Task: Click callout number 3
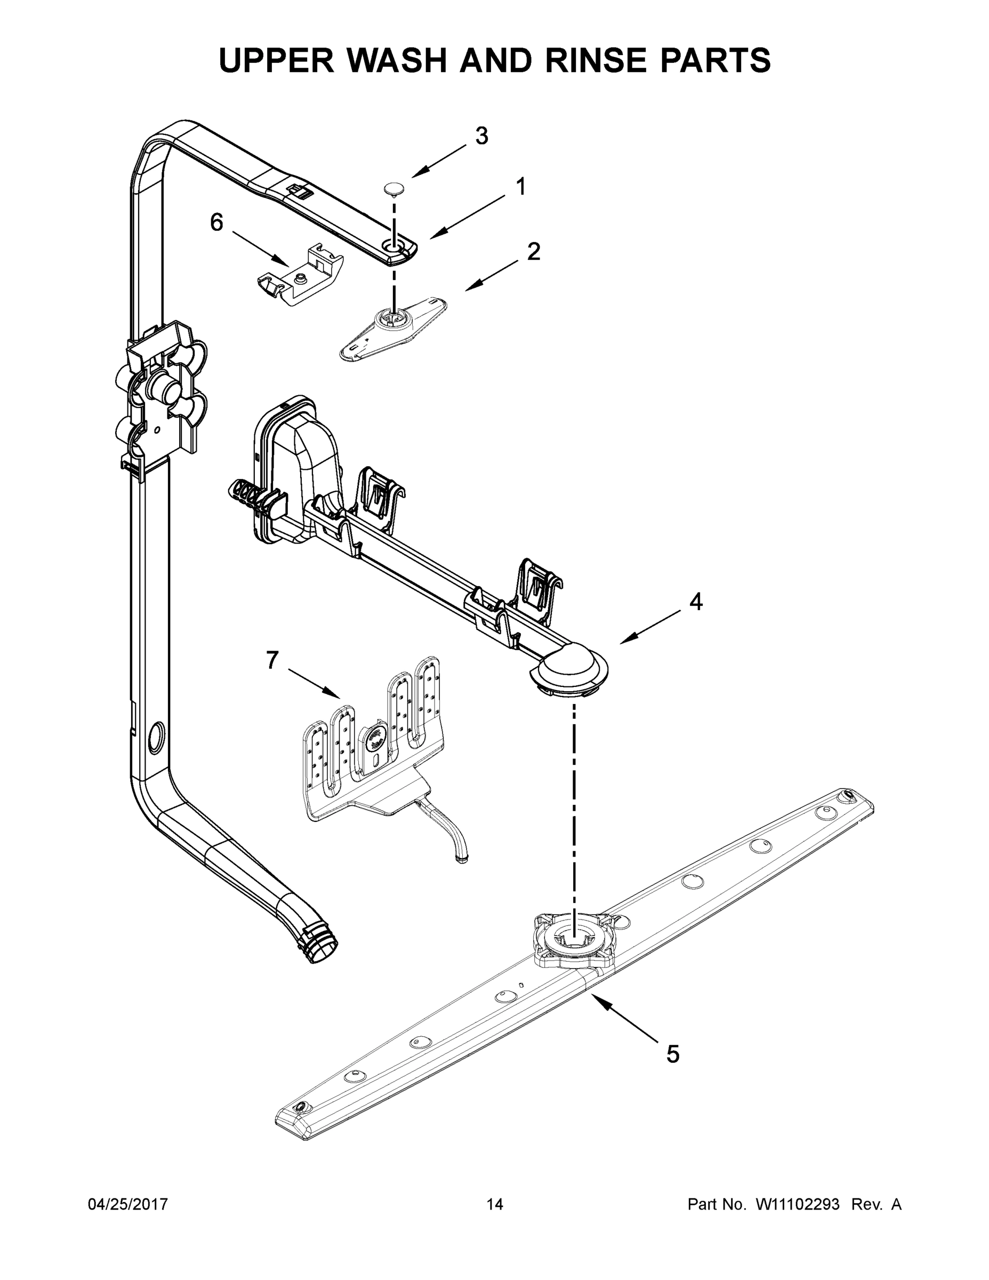tap(481, 136)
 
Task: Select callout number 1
tap(520, 187)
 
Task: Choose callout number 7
tap(272, 660)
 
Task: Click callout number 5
tap(673, 1054)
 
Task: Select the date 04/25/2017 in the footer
tap(128, 1204)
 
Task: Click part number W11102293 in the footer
tap(798, 1204)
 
